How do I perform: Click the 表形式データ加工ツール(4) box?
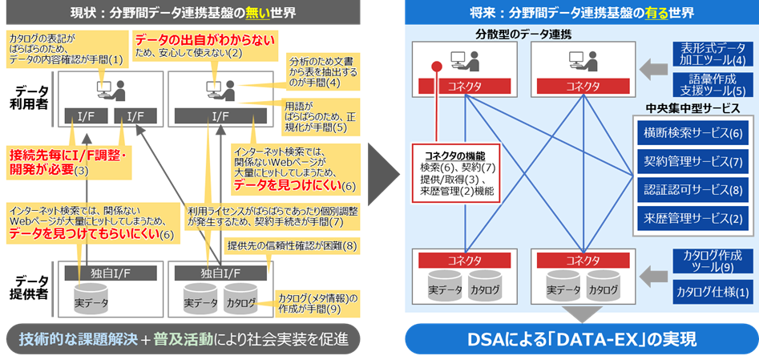pos(713,53)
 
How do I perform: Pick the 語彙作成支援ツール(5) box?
pos(713,84)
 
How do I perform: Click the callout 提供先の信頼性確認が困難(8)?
pos(292,245)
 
